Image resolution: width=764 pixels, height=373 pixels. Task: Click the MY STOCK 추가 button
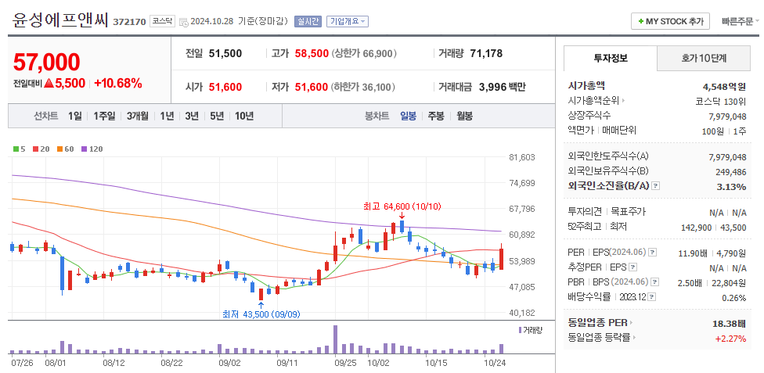point(670,21)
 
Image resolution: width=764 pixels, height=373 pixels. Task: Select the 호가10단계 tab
point(704,59)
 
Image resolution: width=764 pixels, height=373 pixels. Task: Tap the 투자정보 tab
point(611,59)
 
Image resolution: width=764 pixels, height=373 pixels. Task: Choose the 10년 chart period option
point(243,116)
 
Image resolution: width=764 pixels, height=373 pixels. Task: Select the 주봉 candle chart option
point(436,116)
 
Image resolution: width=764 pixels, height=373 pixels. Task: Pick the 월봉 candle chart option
point(464,116)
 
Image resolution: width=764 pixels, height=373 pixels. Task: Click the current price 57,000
point(47,63)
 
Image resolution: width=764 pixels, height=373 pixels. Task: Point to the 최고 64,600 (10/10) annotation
point(402,206)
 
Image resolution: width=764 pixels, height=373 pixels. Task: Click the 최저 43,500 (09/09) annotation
point(261,314)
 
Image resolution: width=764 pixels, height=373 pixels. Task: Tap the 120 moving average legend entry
point(93,149)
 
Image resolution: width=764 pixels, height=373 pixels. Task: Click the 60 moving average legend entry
point(67,149)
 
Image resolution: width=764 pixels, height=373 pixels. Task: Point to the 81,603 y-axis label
point(522,157)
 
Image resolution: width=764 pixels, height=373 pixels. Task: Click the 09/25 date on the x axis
point(345,363)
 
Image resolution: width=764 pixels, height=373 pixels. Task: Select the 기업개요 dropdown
point(347,21)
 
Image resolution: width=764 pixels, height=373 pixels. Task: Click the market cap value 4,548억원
point(724,86)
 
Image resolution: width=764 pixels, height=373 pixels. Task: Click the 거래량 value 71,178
point(486,53)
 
